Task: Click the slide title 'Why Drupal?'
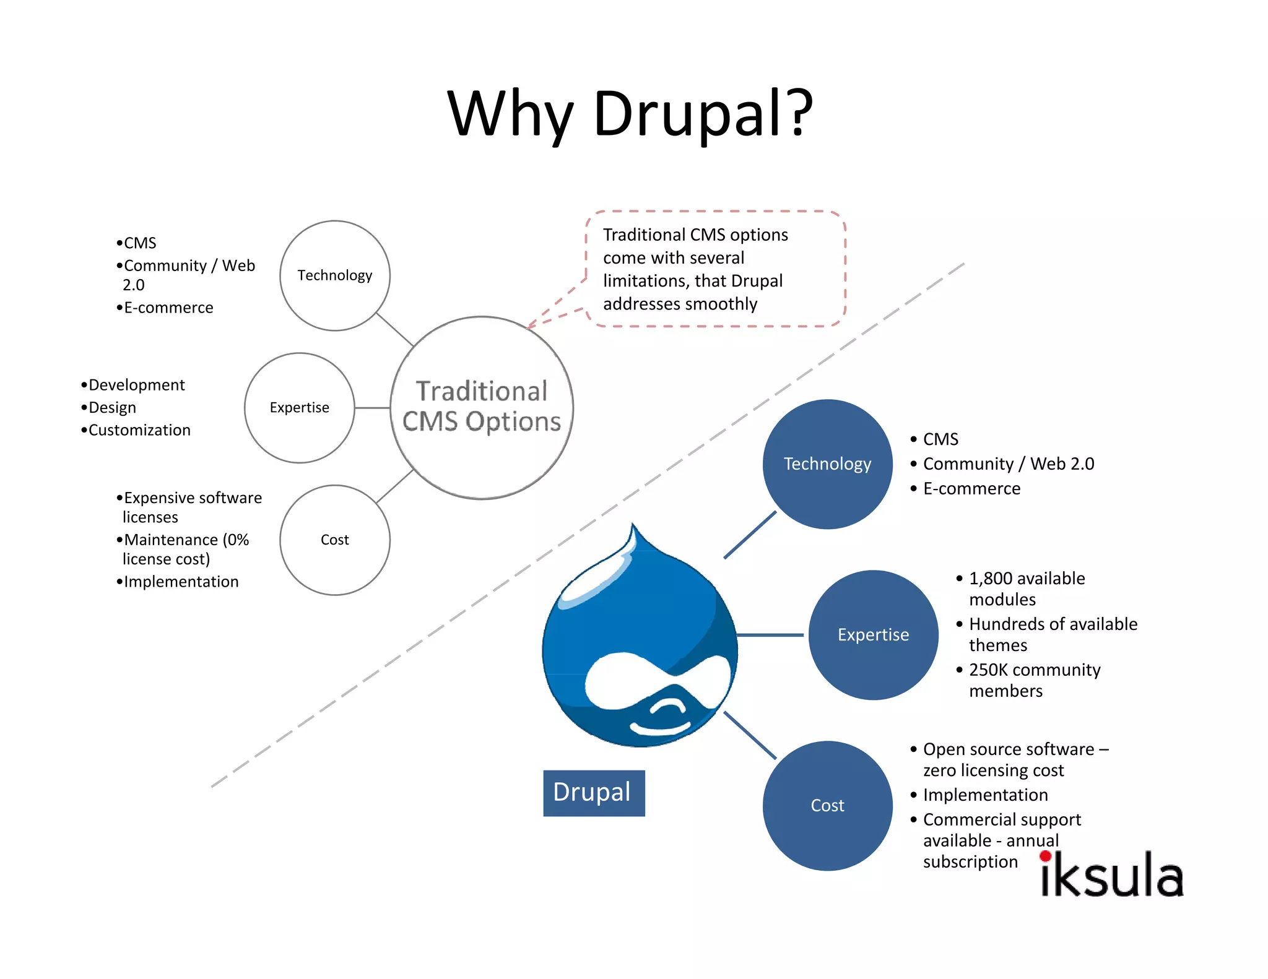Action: tap(630, 114)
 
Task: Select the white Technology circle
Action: tap(334, 275)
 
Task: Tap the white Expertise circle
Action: tap(299, 408)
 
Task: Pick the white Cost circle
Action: tap(334, 540)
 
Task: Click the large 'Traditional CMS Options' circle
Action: tap(482, 407)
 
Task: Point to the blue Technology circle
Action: tap(827, 464)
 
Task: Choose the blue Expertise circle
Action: tap(873, 635)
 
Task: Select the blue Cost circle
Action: tap(827, 806)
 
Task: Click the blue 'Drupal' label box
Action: tap(593, 793)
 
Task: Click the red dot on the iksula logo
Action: tap(1046, 856)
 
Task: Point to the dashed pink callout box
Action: tap(715, 269)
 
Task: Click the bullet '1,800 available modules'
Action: tap(1027, 589)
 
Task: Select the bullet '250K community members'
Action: tap(1034, 680)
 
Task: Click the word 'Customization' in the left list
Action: tap(139, 430)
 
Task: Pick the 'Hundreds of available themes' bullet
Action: tap(1053, 634)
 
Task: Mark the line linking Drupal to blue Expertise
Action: tap(770, 635)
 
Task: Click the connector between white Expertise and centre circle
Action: tap(372, 408)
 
